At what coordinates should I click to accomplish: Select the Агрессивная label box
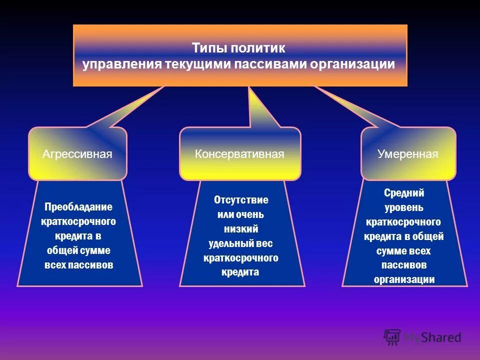click(x=77, y=154)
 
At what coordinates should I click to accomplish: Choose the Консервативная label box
click(x=239, y=154)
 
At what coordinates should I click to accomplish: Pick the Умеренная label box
click(x=408, y=154)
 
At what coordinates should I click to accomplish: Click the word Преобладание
click(x=78, y=207)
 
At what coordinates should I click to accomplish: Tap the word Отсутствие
click(x=241, y=200)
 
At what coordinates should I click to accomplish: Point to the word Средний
click(x=404, y=193)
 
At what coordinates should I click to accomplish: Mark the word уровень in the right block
click(x=404, y=207)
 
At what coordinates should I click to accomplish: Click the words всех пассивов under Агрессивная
click(x=78, y=265)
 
